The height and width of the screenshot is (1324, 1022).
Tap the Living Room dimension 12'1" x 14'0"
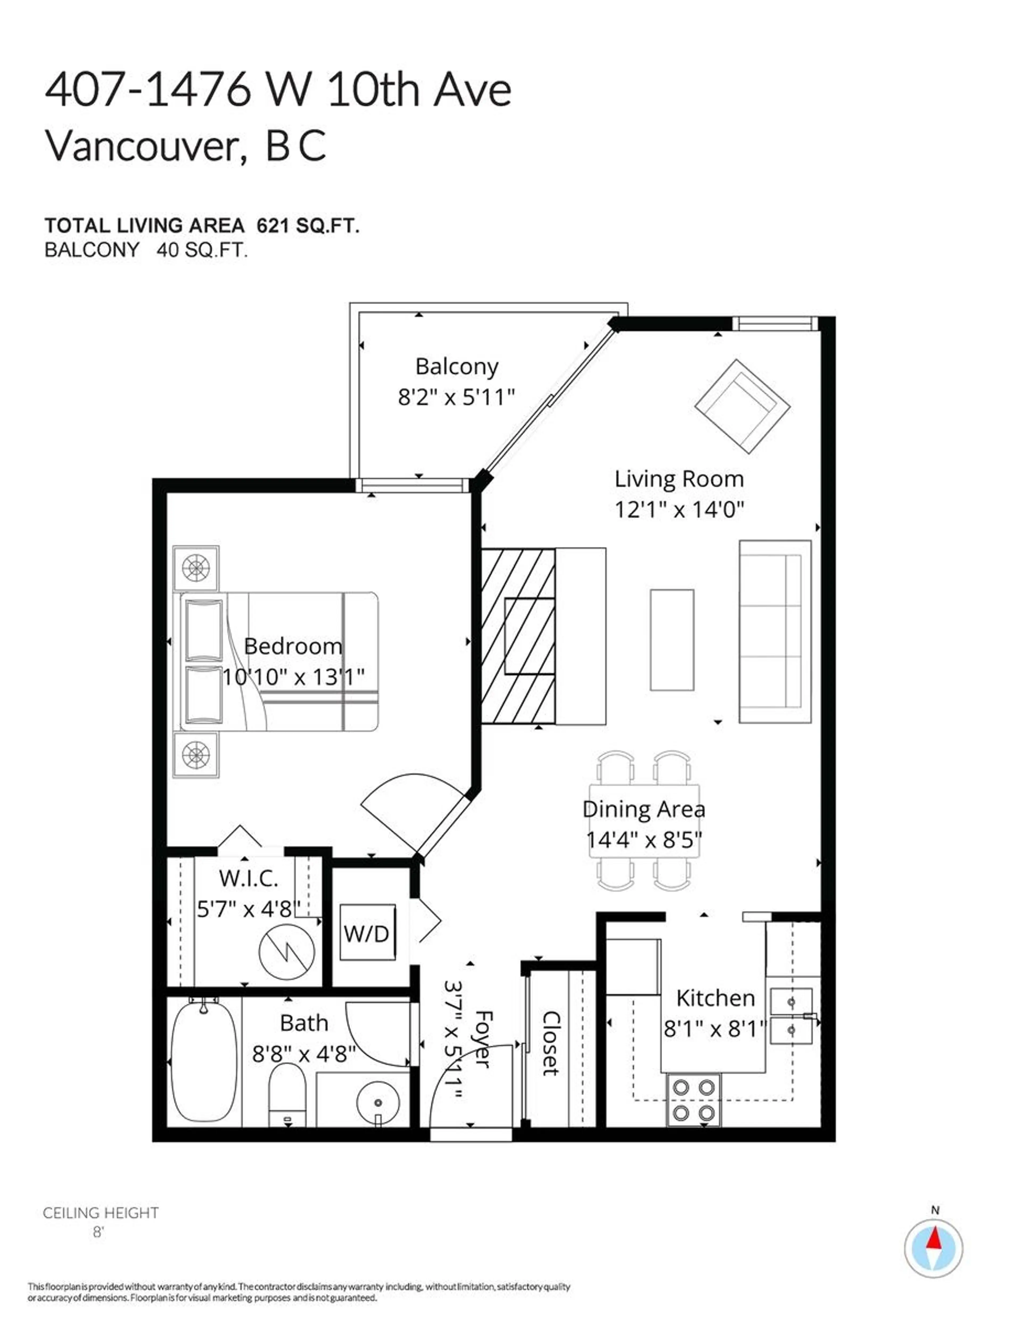tap(678, 509)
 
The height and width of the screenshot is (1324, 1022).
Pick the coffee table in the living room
tap(672, 639)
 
